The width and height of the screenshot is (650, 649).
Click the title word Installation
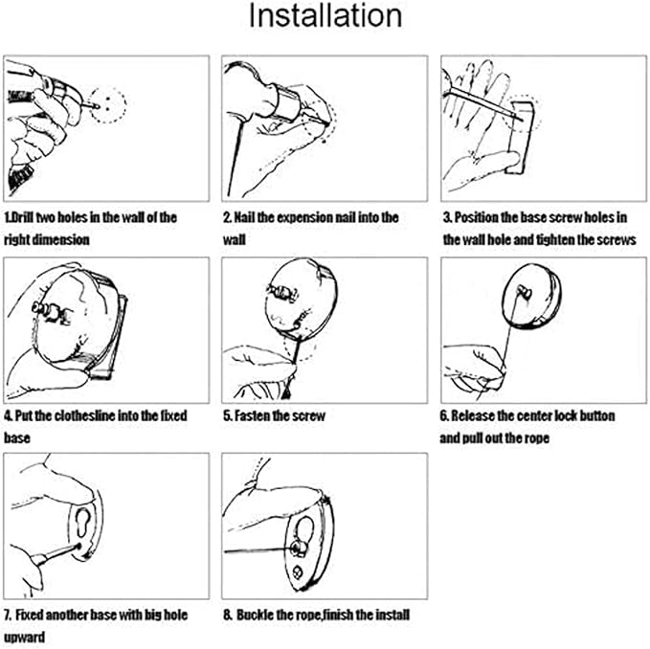tap(325, 16)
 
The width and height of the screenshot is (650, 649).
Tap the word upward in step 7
tap(25, 637)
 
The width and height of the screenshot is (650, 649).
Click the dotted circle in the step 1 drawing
tap(108, 105)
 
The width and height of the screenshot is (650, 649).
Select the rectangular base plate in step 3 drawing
tap(520, 137)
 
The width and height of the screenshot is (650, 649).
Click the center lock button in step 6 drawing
tap(524, 291)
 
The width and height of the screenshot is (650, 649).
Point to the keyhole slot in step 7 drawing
tap(84, 523)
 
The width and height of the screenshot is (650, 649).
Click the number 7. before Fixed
tap(8, 615)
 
